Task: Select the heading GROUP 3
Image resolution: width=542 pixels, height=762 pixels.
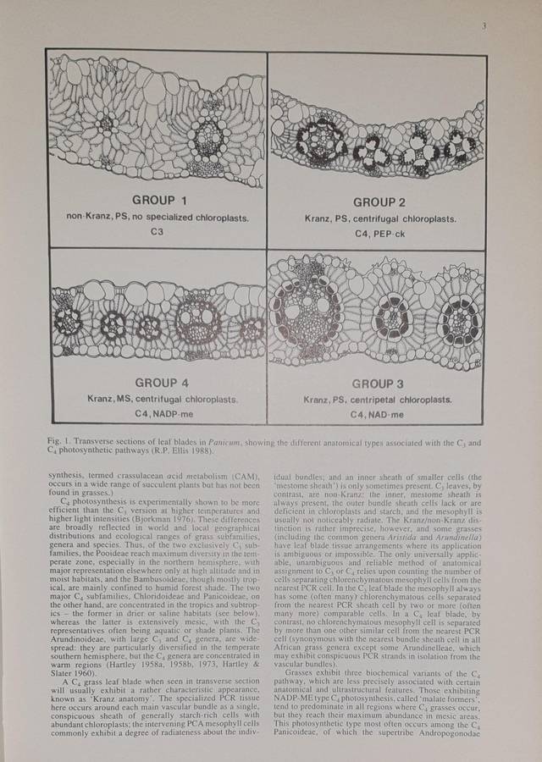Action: point(376,384)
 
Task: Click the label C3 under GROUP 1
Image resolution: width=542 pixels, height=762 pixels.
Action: point(156,230)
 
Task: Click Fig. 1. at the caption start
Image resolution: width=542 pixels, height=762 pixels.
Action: point(61,442)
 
